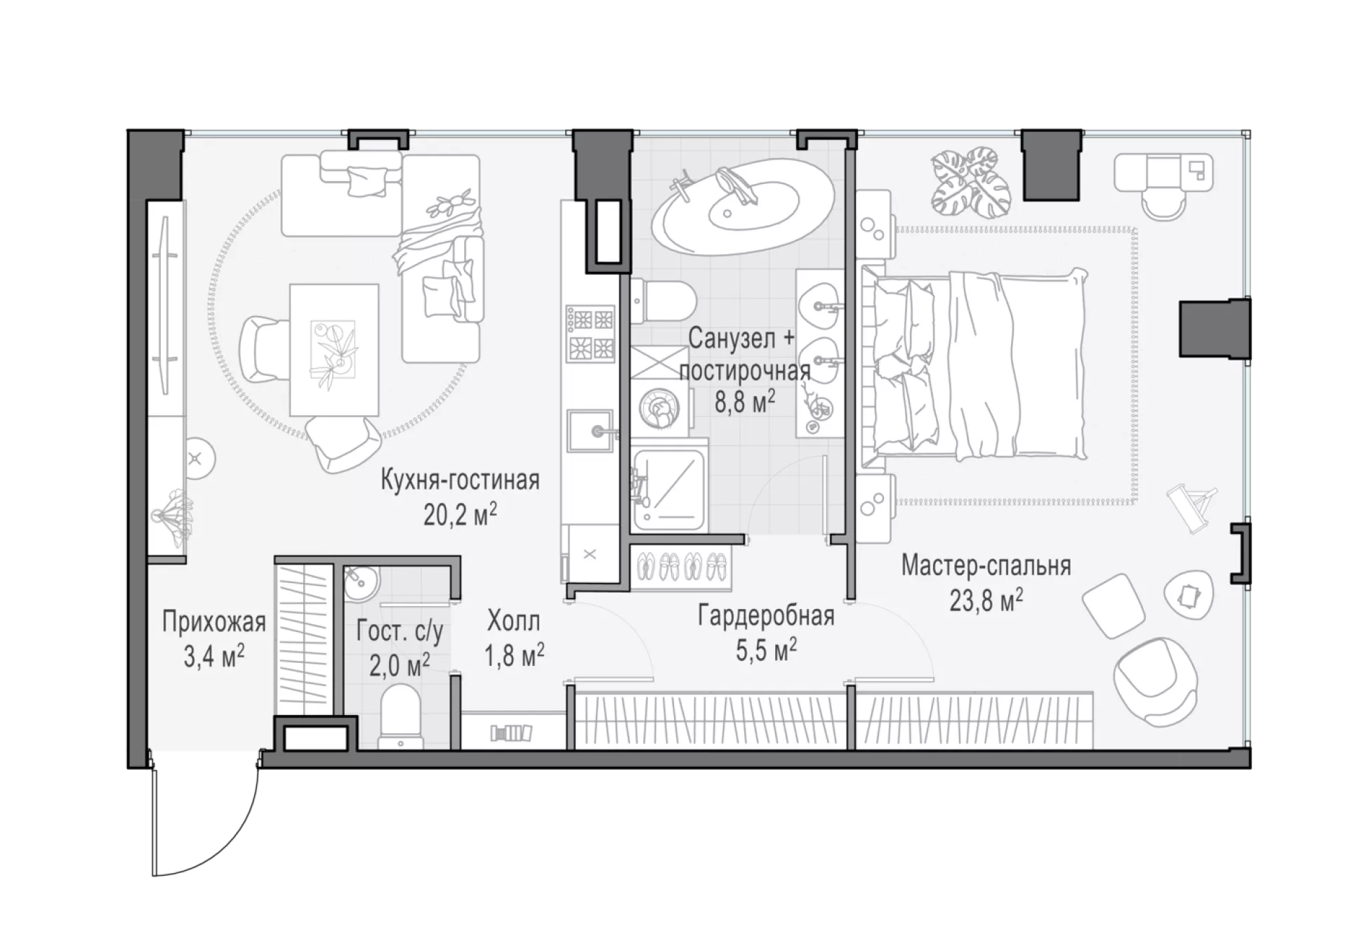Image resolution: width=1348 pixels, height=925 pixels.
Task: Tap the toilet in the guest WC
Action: click(x=399, y=716)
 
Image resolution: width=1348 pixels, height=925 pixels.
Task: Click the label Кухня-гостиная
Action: click(x=460, y=480)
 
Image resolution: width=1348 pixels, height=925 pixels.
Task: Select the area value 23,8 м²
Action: click(x=986, y=600)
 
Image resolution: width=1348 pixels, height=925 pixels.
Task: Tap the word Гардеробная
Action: click(x=766, y=616)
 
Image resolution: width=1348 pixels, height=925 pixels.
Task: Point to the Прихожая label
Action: click(x=213, y=622)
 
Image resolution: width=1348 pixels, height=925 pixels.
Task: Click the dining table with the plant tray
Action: click(x=334, y=349)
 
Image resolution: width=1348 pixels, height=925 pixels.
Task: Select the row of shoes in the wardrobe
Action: click(x=682, y=565)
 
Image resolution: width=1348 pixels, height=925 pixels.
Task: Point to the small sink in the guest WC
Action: click(x=361, y=582)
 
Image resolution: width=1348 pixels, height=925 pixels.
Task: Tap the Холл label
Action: click(x=514, y=621)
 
